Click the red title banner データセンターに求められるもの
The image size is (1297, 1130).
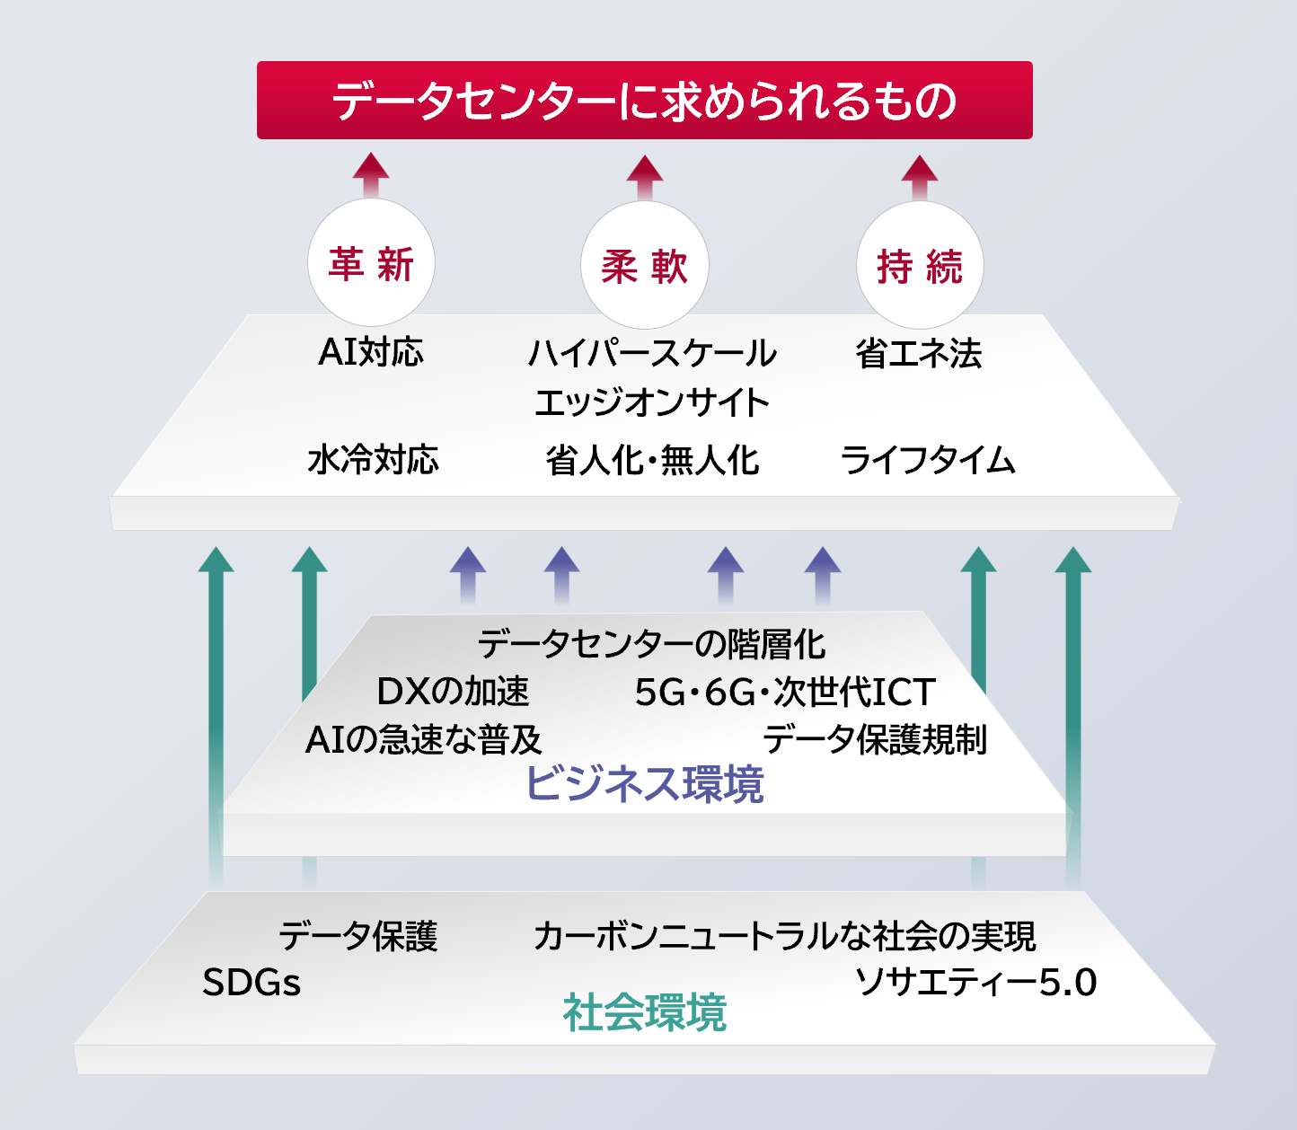tap(644, 100)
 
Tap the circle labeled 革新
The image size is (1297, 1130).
tap(371, 263)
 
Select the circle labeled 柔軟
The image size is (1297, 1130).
tap(645, 266)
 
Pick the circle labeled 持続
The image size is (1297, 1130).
tap(920, 266)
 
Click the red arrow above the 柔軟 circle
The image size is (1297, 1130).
tap(645, 176)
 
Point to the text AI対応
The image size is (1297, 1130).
tap(371, 352)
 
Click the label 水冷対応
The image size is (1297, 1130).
tap(373, 459)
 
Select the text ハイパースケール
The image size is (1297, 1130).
tap(652, 353)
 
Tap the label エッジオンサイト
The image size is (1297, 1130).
tap(652, 402)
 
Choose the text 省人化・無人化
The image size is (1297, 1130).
tap(652, 461)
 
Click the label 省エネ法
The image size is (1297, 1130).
tap(919, 353)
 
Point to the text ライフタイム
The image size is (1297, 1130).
tap(928, 460)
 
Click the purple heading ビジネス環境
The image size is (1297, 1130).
tap(644, 783)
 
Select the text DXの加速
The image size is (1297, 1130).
tap(454, 692)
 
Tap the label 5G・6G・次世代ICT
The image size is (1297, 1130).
tap(785, 692)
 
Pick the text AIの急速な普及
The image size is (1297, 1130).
tap(424, 739)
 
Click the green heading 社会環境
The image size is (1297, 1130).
tap(644, 1012)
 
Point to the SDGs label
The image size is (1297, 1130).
tap(251, 982)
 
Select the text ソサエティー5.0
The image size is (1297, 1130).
tap(975, 982)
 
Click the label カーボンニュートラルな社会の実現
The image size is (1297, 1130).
tap(784, 936)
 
